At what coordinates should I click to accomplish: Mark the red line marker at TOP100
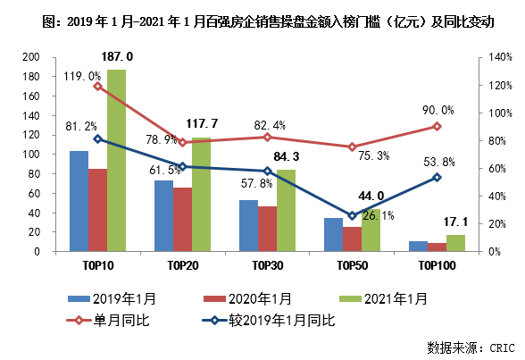[437, 126]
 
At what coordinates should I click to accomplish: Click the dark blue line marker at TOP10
[97, 139]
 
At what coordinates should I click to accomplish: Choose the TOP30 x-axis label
[265, 265]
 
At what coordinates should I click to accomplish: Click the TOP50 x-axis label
[352, 265]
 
